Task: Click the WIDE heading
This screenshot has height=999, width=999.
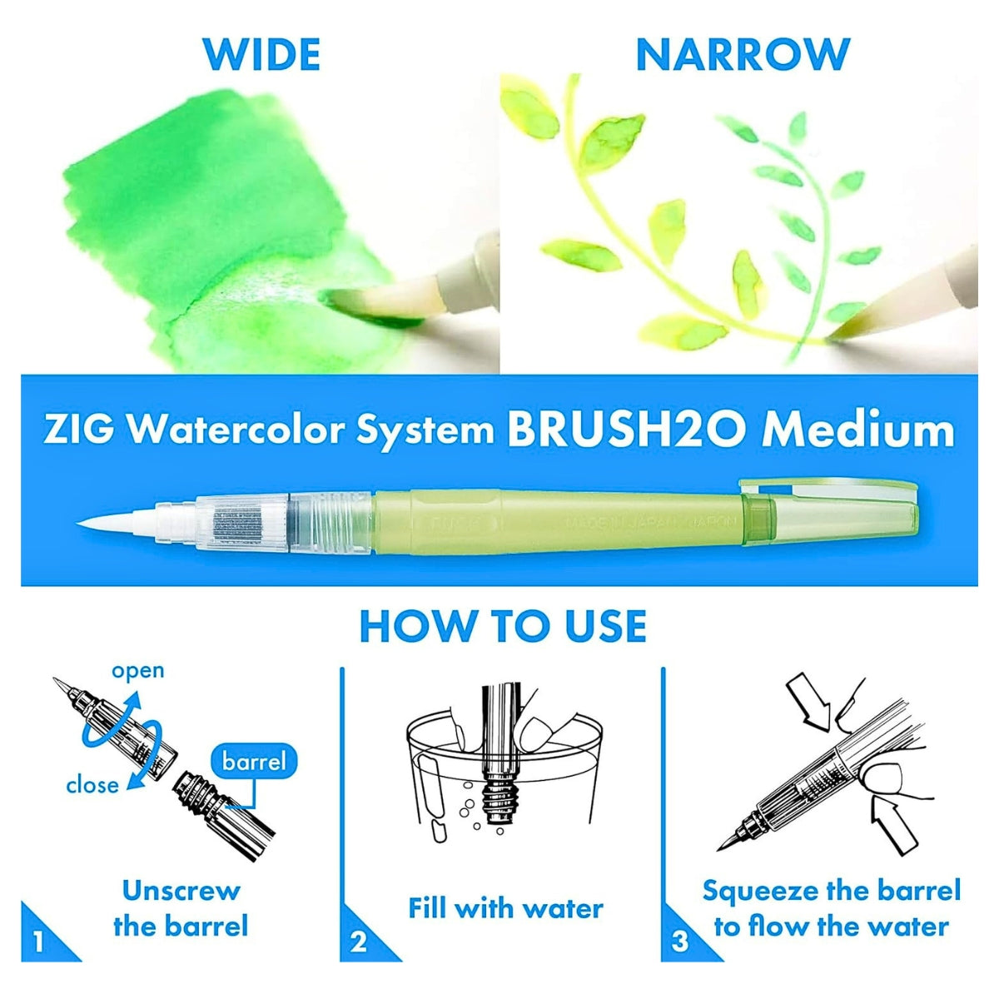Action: click(x=261, y=54)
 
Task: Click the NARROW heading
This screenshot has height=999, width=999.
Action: click(x=743, y=54)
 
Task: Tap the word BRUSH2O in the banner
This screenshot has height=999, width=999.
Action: click(x=628, y=430)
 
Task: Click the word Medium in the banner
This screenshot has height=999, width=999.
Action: click(x=857, y=430)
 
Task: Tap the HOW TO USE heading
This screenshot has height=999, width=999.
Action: click(x=503, y=626)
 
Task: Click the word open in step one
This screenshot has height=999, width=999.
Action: click(x=138, y=672)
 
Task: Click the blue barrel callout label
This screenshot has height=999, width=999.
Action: click(x=254, y=762)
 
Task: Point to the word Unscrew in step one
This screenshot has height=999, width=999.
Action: click(x=181, y=891)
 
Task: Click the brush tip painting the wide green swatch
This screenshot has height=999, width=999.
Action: click(x=373, y=306)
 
